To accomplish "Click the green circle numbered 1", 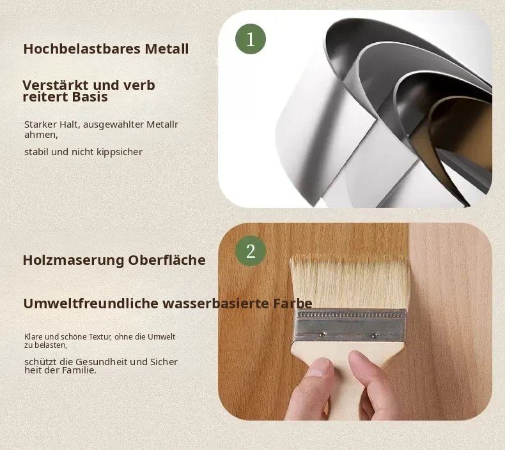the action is point(251,39).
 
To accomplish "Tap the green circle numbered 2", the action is point(251,251).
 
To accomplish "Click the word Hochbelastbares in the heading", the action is point(82,49).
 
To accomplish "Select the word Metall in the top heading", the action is point(167,49).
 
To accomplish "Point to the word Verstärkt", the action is point(56,86).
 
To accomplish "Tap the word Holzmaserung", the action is point(74,260).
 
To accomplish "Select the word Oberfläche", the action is point(167,260).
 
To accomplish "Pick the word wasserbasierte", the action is point(216,303).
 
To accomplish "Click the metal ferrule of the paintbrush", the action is point(350,326).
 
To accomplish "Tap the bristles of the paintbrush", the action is point(350,283).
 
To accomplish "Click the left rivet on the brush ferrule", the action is point(322,334).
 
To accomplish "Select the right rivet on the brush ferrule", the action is point(374,336).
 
